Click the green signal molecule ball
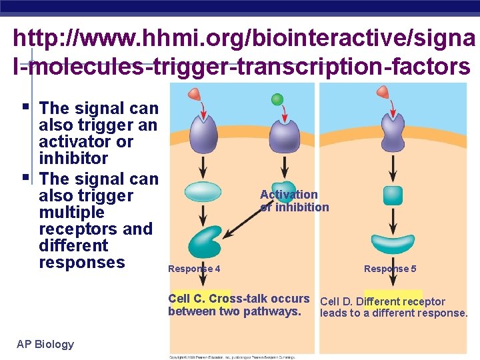click(x=278, y=99)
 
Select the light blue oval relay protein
click(x=203, y=191)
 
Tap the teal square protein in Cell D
click(x=393, y=195)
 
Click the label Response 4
click(x=195, y=269)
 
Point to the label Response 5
click(x=390, y=269)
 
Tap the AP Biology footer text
click(x=45, y=344)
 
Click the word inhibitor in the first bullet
click(x=73, y=159)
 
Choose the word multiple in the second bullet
click(x=71, y=213)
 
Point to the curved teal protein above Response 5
click(x=393, y=243)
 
